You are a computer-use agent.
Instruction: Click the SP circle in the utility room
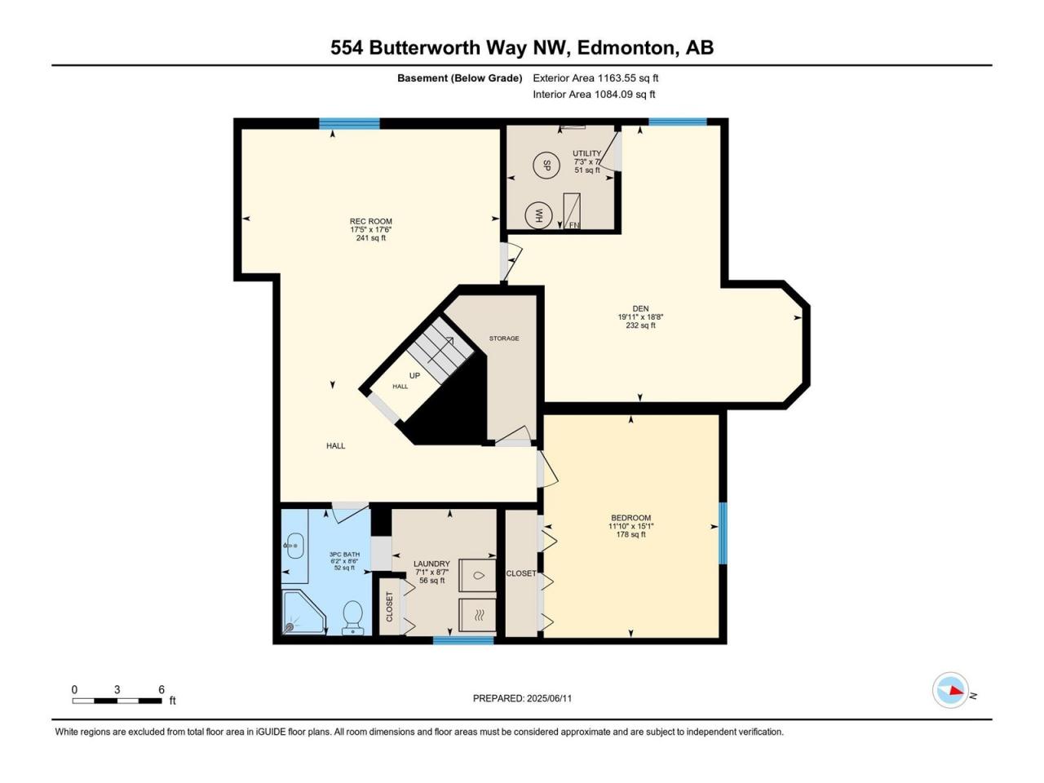546,165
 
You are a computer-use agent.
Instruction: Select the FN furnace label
574,225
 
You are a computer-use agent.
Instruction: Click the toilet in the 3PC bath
352,617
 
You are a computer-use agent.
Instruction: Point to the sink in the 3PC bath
293,546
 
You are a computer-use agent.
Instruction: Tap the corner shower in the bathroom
303,612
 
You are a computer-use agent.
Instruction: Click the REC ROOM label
371,221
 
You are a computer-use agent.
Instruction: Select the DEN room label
640,308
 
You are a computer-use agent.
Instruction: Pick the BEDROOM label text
631,518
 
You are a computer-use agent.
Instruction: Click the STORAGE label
504,338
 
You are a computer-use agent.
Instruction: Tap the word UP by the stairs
415,375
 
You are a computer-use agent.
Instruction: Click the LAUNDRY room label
431,564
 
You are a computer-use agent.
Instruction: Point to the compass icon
950,690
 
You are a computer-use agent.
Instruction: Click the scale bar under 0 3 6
117,701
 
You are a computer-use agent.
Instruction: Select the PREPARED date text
522,698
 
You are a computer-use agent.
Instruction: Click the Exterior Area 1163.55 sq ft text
595,78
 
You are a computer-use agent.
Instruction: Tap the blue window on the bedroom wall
723,533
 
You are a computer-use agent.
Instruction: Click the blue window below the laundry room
463,640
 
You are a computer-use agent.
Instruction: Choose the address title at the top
522,48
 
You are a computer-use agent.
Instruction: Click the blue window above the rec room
349,123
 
